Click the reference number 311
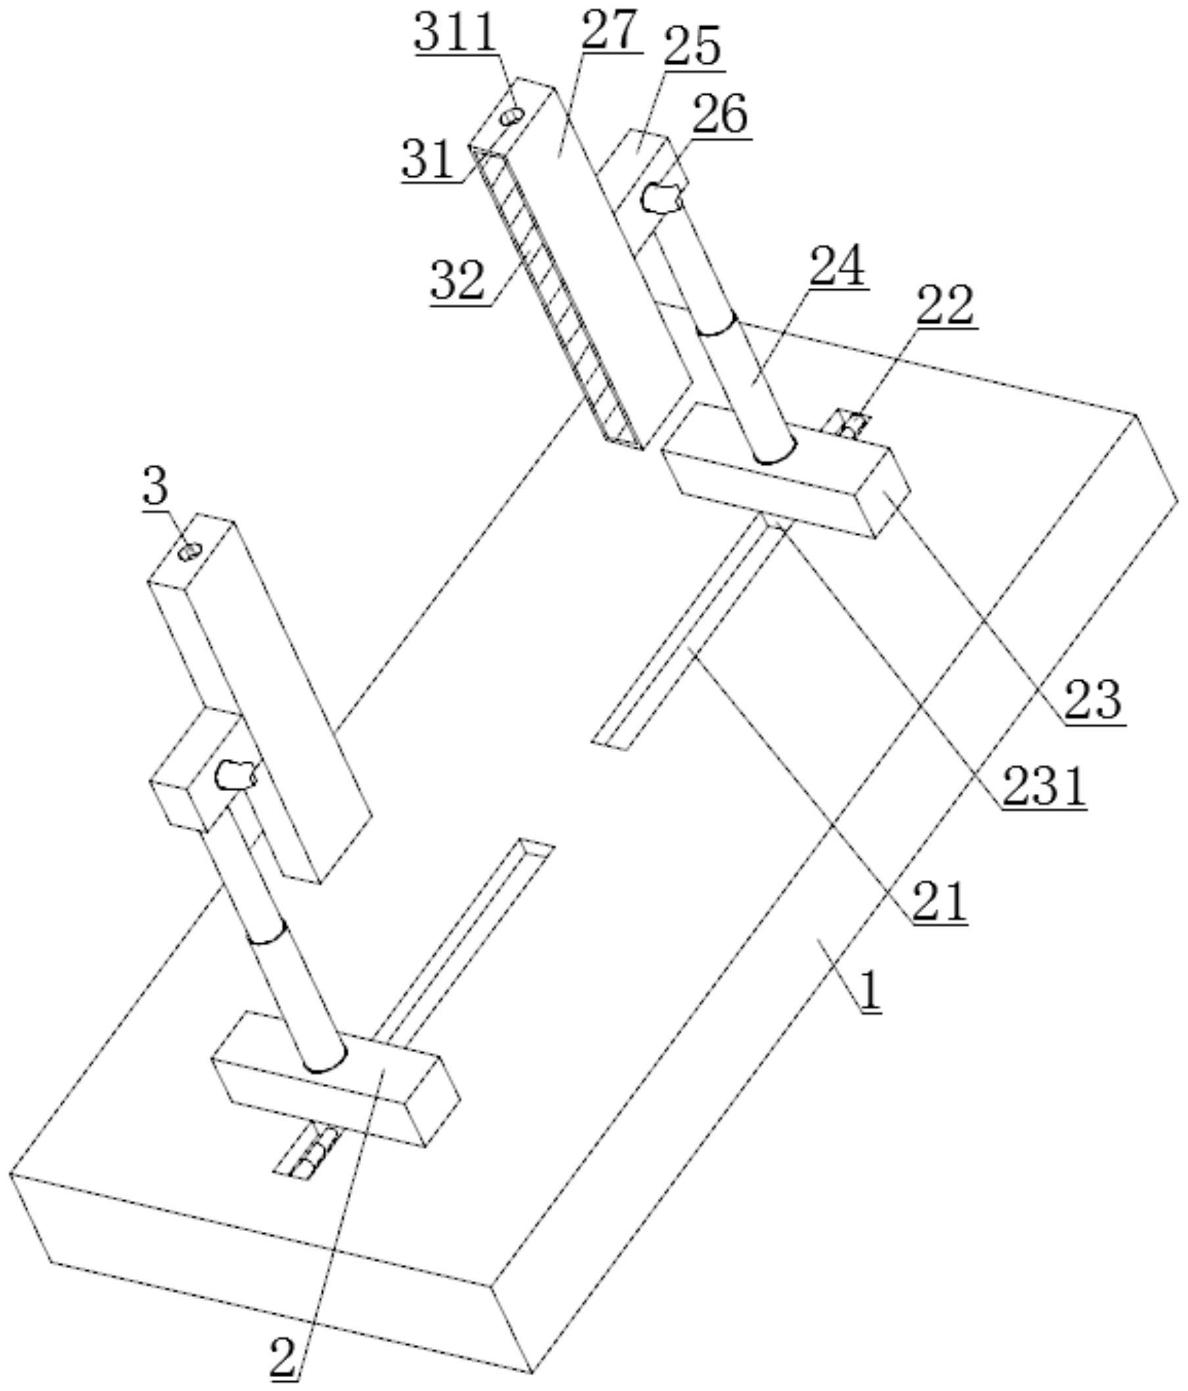point(456,32)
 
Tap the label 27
point(609,30)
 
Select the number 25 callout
point(694,45)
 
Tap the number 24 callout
point(837,266)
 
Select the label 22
point(945,305)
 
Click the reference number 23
point(1093,700)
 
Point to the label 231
point(1045,786)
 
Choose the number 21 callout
point(939,901)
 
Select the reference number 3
point(155,487)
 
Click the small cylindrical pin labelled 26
point(663,198)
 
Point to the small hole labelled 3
point(189,552)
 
